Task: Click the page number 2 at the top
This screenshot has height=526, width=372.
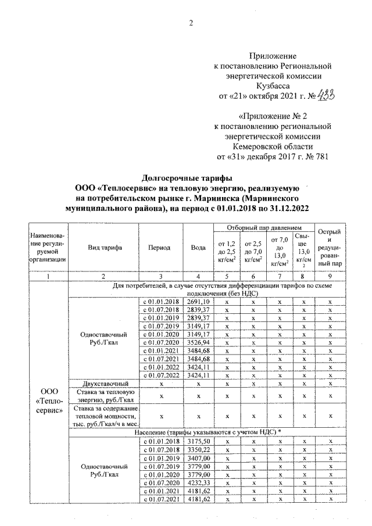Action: [x=190, y=23]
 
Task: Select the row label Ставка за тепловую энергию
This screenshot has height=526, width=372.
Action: [x=104, y=396]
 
